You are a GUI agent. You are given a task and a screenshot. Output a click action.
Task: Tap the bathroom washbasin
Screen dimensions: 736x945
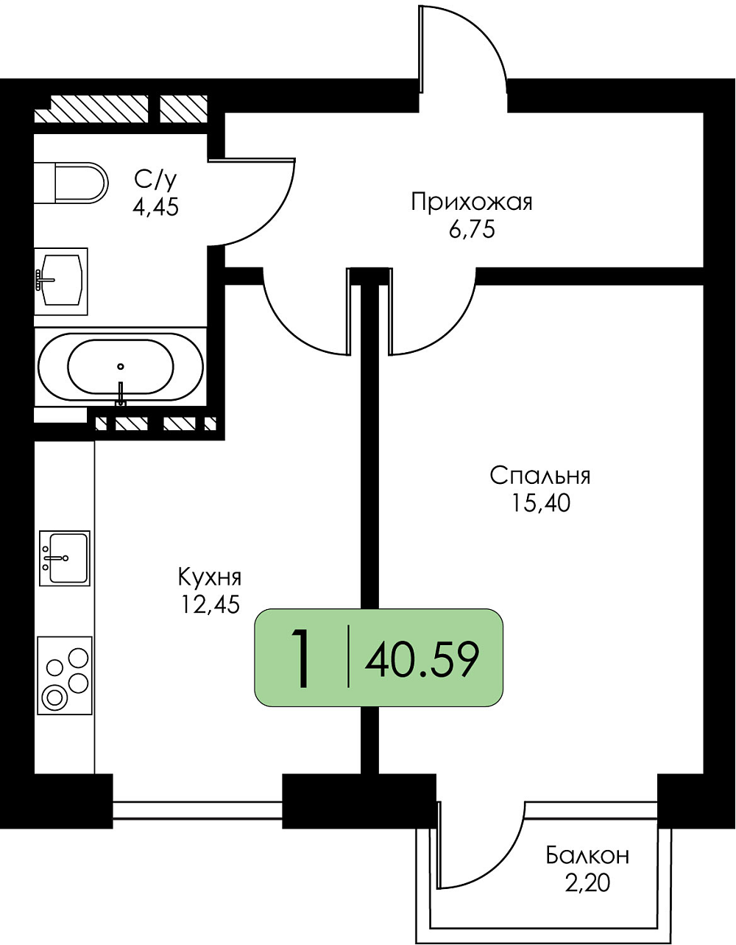[61, 281]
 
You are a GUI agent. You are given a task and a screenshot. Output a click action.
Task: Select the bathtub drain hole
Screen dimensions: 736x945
[121, 366]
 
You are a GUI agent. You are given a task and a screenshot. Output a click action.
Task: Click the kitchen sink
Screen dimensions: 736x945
[65, 558]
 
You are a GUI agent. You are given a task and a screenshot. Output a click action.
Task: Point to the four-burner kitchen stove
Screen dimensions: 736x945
[65, 675]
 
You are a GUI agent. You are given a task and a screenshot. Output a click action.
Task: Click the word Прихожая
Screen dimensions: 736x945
[471, 203]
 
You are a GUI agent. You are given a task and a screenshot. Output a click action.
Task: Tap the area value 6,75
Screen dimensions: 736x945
[471, 230]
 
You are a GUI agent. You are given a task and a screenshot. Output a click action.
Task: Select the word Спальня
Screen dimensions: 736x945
[540, 477]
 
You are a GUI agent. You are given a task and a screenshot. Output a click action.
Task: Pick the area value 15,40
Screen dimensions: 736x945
[541, 504]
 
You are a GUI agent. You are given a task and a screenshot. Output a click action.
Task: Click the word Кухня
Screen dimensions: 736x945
[210, 577]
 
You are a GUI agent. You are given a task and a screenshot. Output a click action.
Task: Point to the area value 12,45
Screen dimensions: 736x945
[210, 605]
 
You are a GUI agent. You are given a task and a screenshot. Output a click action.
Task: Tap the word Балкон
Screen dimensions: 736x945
[587, 855]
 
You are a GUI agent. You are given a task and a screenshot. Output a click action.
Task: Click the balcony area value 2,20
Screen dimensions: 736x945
[587, 882]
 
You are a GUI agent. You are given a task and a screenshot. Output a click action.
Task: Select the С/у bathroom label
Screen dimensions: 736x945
[155, 179]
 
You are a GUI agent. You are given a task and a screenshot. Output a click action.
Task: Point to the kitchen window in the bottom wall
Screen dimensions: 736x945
[198, 809]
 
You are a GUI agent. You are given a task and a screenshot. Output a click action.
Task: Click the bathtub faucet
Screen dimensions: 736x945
[121, 393]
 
